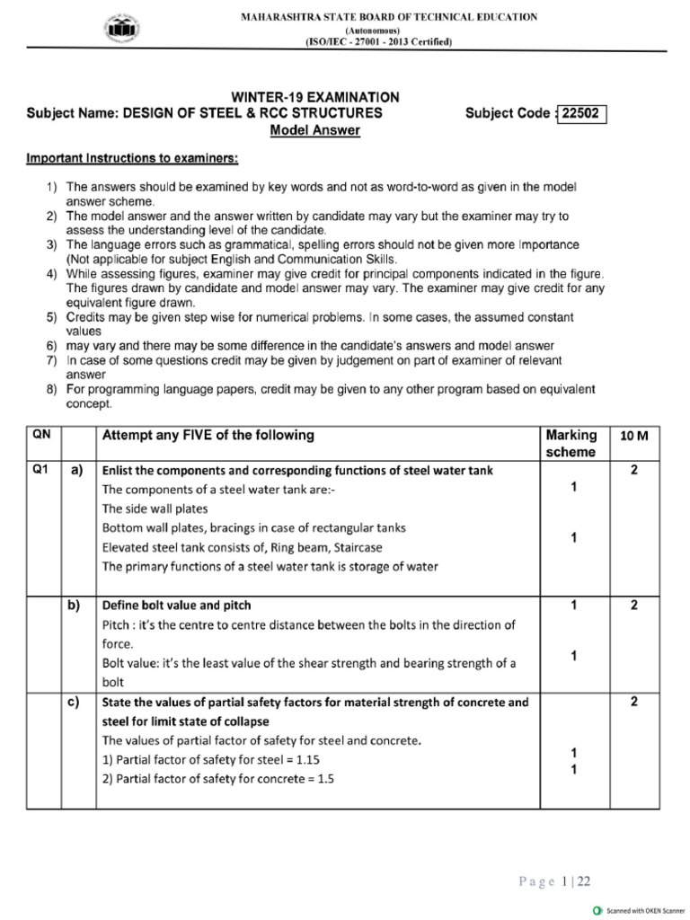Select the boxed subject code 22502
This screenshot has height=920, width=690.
point(584,113)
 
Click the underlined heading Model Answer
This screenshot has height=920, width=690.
point(315,130)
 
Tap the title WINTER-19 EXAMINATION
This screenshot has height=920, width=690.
point(315,97)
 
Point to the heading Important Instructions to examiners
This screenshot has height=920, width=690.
point(133,158)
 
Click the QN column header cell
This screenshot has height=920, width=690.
point(41,434)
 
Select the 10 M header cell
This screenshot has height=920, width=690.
point(634,436)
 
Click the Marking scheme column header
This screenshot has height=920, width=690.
point(571,443)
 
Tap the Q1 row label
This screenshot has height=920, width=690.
point(41,469)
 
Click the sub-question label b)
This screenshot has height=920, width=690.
point(75,606)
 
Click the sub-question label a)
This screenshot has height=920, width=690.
point(75,469)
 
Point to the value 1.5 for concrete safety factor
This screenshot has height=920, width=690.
point(324,779)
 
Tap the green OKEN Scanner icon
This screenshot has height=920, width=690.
point(597,909)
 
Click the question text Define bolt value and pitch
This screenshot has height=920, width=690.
point(177,606)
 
